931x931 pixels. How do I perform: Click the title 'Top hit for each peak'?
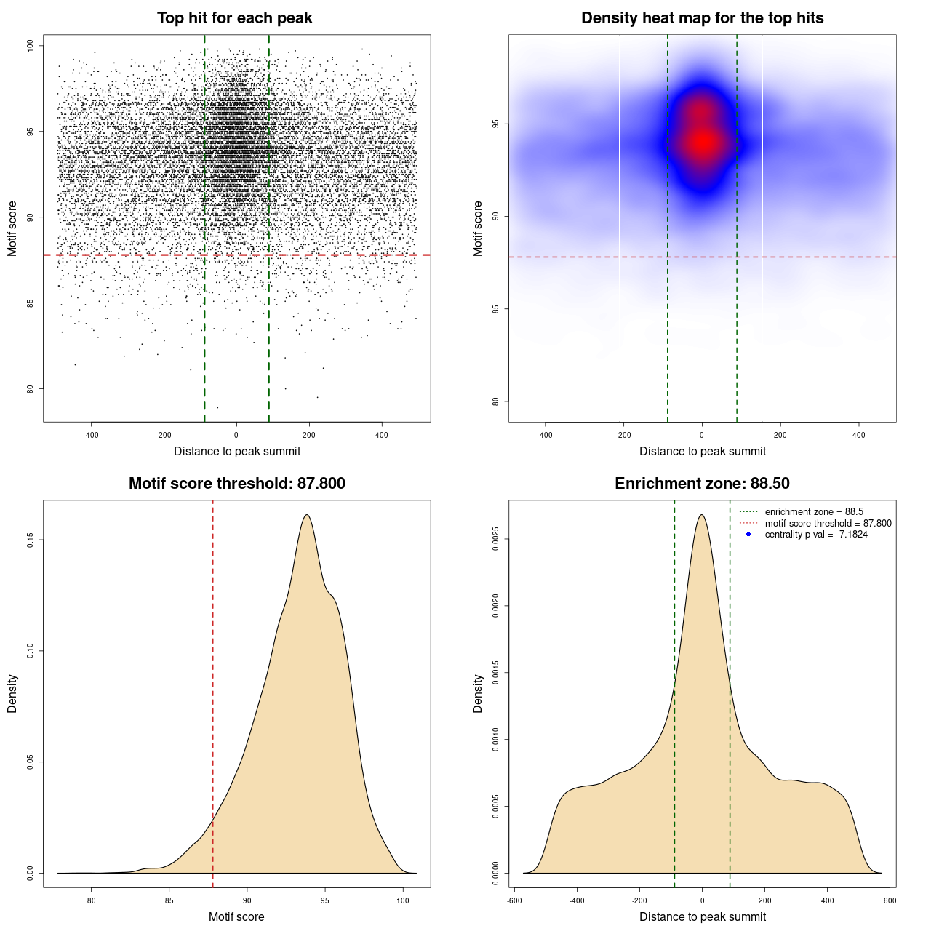(234, 18)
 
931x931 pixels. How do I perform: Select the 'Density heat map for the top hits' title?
(702, 18)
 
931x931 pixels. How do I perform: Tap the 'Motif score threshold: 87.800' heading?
(236, 484)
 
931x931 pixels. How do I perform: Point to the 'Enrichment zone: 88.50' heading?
(702, 484)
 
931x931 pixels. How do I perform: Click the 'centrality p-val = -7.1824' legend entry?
(816, 535)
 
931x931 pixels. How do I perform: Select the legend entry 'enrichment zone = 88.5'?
(814, 512)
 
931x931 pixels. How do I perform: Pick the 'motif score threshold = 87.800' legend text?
(828, 524)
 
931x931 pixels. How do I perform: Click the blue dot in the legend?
(748, 535)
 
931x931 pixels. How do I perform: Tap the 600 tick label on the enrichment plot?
(890, 900)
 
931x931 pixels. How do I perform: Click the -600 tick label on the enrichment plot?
(514, 900)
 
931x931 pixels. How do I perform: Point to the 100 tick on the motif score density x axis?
(403, 900)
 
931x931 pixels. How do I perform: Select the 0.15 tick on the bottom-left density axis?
(31, 540)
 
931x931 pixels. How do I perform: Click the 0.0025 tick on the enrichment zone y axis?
(496, 539)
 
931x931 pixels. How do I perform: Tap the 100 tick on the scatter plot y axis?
(31, 46)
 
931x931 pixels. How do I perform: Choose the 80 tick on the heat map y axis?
(496, 401)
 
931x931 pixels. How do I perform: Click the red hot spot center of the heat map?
(702, 142)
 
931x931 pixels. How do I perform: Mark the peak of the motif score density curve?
(307, 515)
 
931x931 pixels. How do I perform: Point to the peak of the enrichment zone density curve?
(702, 515)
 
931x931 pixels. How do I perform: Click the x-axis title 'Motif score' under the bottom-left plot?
(236, 916)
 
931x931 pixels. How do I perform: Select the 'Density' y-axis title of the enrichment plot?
(478, 693)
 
